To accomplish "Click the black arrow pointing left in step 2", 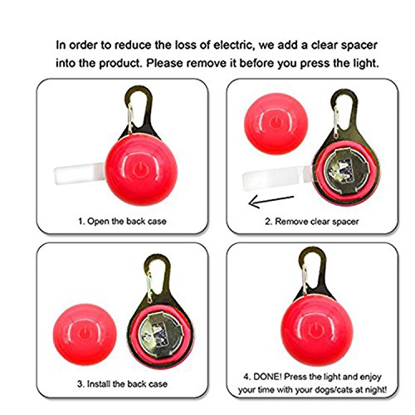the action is click(x=271, y=201).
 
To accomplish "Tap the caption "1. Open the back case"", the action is click(x=122, y=222).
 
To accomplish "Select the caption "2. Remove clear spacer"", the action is click(x=312, y=222).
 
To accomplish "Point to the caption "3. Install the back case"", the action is click(x=122, y=383).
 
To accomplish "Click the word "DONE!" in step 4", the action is click(x=267, y=377).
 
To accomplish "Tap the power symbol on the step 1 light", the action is click(x=141, y=170).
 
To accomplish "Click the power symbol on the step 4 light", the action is click(x=316, y=331).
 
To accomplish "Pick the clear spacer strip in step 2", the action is click(x=276, y=178).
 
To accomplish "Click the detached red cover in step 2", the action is click(x=276, y=124).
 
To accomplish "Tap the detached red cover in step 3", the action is click(x=85, y=334).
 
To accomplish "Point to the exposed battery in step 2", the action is click(x=346, y=169).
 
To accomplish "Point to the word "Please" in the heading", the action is click(x=164, y=63).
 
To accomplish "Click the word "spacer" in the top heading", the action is click(x=359, y=46).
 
